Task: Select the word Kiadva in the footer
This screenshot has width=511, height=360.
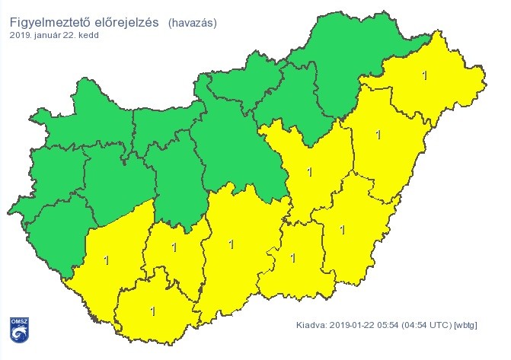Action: [311, 327]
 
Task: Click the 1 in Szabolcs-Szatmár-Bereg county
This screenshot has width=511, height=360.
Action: [424, 75]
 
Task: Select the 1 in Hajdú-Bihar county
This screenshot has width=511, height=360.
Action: [378, 135]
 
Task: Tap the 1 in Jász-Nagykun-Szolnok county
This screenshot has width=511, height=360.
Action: [309, 172]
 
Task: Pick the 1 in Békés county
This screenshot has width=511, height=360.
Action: [342, 229]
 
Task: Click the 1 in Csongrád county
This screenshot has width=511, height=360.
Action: [293, 257]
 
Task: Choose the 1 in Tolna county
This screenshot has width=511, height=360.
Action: [174, 247]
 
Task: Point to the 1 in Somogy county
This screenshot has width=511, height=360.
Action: [106, 260]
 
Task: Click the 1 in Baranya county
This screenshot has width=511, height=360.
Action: [153, 311]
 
